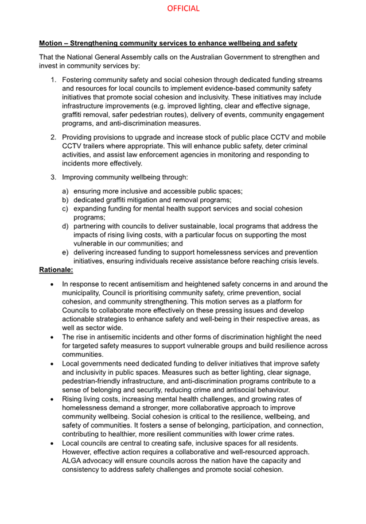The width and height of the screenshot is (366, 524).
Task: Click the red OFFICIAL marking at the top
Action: pos(183,9)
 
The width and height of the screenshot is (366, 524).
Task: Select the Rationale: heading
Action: pos(56,269)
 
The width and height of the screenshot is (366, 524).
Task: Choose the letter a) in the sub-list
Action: pos(65,190)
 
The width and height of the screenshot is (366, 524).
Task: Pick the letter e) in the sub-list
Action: pos(65,252)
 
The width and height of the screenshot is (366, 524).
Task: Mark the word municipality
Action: pos(84,293)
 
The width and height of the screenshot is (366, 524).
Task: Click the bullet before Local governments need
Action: pos(53,364)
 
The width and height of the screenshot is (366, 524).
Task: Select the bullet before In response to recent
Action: pos(53,284)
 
